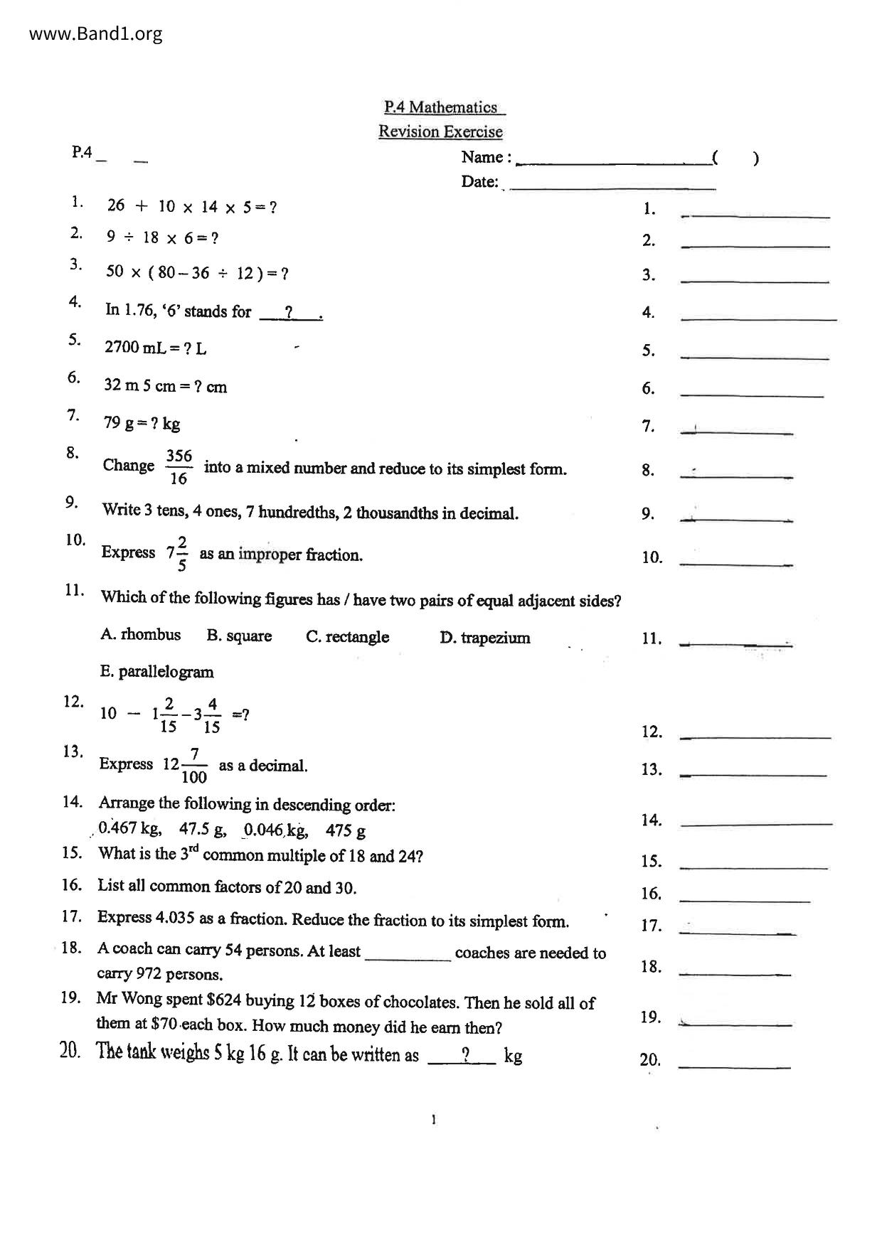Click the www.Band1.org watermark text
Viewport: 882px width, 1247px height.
pyautogui.click(x=96, y=33)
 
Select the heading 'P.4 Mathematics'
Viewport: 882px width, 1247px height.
pyautogui.click(x=441, y=107)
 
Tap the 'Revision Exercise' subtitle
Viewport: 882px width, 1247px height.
pyautogui.click(x=440, y=132)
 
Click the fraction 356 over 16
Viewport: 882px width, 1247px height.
pyautogui.click(x=179, y=467)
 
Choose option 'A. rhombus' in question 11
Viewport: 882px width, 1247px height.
pyautogui.click(x=141, y=635)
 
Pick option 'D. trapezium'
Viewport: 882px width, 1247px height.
pyautogui.click(x=484, y=638)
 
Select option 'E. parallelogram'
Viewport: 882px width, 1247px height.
pyautogui.click(x=156, y=672)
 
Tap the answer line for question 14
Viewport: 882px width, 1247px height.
pyautogui.click(x=755, y=823)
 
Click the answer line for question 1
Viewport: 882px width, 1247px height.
pyautogui.click(x=755, y=215)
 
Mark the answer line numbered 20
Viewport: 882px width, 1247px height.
pyautogui.click(x=734, y=1066)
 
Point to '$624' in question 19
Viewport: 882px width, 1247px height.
pyautogui.click(x=223, y=1001)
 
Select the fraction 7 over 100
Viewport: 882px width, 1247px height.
pyautogui.click(x=194, y=765)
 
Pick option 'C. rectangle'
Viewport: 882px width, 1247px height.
pyautogui.click(x=347, y=637)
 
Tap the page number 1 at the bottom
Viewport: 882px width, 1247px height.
pyautogui.click(x=434, y=1120)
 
